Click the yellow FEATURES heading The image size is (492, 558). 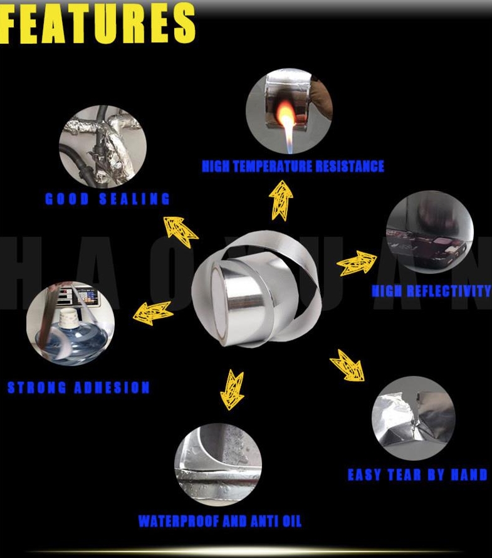[x=98, y=23]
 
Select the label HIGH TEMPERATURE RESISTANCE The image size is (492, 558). [x=293, y=167]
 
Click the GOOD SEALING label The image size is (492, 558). [x=107, y=199]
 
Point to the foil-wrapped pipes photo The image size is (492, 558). [x=102, y=147]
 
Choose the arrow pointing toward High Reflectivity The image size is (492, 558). [x=356, y=263]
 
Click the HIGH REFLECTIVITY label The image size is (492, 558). [x=432, y=292]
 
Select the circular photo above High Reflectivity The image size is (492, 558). [x=430, y=232]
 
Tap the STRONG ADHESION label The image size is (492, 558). [x=78, y=387]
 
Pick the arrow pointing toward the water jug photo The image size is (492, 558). [x=153, y=313]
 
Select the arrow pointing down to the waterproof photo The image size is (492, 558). [x=232, y=390]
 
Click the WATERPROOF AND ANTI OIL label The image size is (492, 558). [x=220, y=521]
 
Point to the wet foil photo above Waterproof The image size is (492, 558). [x=218, y=465]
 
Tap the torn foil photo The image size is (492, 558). [x=414, y=418]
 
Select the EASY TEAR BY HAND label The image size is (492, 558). [x=417, y=475]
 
